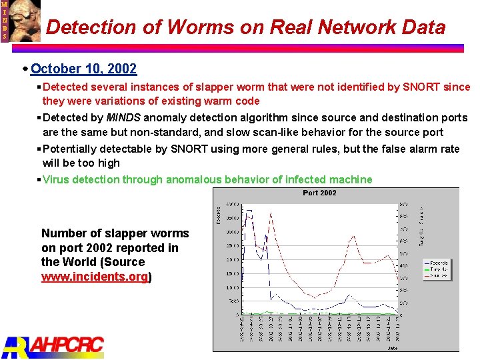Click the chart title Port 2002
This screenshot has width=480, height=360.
tap(320, 193)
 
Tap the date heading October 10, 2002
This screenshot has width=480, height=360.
tap(83, 69)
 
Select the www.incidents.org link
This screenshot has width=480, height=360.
tap(95, 276)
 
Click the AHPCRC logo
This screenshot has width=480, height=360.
tap(53, 346)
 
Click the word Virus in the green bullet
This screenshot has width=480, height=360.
tap(56, 179)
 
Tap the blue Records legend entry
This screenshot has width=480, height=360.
tap(439, 263)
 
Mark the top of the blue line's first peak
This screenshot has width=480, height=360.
tap(249, 211)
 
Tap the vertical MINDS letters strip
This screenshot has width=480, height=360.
tap(5, 20)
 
